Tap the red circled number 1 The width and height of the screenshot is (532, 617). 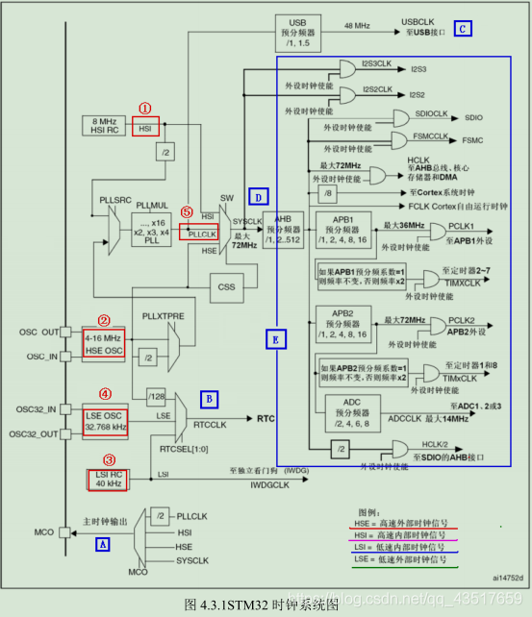pos(146,109)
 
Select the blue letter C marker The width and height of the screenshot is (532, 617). pos(464,29)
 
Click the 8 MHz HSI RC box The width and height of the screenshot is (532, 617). pos(105,125)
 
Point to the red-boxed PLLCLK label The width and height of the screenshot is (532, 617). pos(199,233)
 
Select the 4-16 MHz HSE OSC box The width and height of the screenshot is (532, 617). pos(105,344)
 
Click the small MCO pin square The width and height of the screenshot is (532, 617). pos(63,531)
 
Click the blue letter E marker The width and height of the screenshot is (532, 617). pos(273,338)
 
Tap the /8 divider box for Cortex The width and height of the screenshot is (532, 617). pos(329,192)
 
